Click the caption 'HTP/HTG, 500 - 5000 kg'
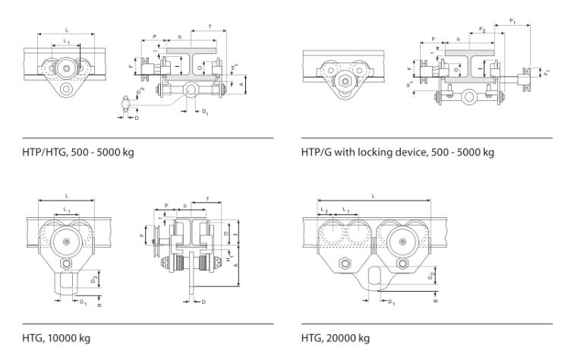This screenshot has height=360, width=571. point(77,152)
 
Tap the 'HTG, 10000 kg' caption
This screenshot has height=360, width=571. point(58,338)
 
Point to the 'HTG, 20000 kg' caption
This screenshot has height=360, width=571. point(336,338)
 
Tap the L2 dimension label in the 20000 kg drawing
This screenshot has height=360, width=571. point(323,208)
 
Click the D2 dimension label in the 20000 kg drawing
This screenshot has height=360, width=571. point(431,276)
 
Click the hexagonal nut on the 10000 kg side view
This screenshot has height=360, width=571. point(68,263)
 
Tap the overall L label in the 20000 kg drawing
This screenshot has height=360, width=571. point(374,196)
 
